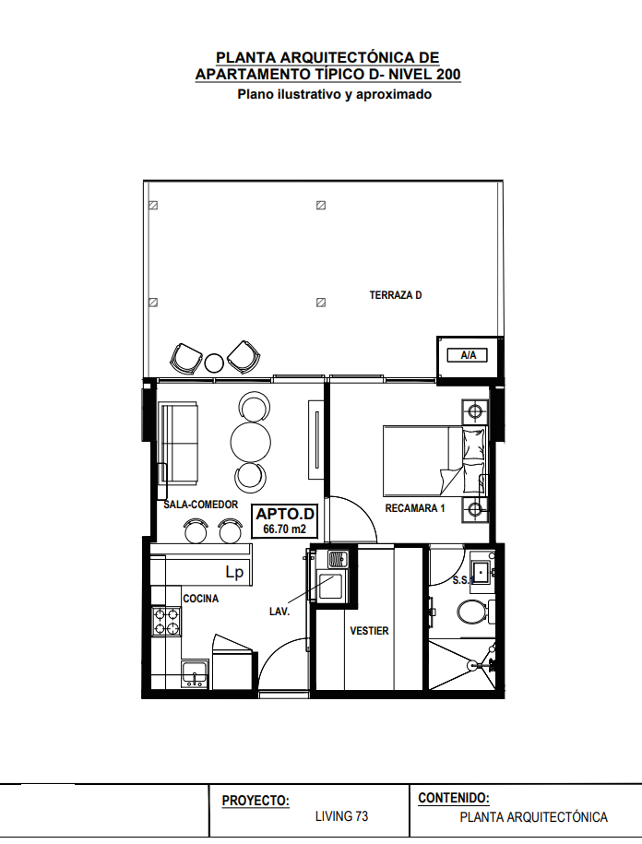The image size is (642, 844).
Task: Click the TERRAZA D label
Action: click(x=396, y=295)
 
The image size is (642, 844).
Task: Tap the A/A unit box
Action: click(x=468, y=355)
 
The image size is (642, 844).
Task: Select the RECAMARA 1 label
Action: click(x=415, y=508)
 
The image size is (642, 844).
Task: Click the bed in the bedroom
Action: click(x=435, y=461)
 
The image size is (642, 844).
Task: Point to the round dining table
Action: click(x=250, y=443)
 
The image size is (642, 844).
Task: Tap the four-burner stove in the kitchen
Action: click(x=166, y=621)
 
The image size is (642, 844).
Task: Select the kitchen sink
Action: click(x=195, y=673)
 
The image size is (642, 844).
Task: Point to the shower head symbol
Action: click(x=472, y=665)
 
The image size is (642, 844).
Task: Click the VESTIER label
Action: click(x=369, y=631)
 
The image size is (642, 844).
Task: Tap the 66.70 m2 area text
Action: click(x=284, y=529)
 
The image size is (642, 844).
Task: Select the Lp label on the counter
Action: click(x=234, y=573)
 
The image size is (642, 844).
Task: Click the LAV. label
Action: click(x=279, y=612)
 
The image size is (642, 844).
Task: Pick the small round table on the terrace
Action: click(x=214, y=363)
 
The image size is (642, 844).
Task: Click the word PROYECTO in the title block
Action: click(x=256, y=801)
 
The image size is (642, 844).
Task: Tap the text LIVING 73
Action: click(x=341, y=816)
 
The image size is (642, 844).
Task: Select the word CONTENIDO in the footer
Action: click(x=454, y=798)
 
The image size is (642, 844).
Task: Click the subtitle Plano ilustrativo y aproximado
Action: click(x=335, y=95)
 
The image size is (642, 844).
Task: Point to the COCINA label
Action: click(x=201, y=599)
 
